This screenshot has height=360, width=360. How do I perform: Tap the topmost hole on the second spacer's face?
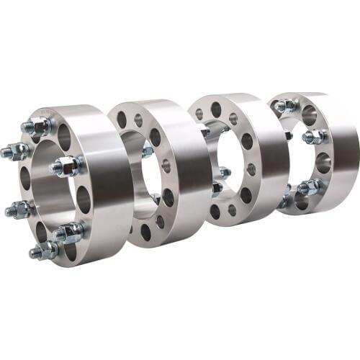[122, 118]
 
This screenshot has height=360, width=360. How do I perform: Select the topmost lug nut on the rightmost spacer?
[287, 106]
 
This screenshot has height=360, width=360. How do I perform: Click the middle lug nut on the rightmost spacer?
[314, 136]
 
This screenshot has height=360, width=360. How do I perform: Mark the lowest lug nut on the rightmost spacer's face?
[309, 188]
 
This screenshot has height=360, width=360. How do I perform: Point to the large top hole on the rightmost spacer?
[309, 114]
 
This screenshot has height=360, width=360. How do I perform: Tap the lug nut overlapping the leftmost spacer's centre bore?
[67, 166]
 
